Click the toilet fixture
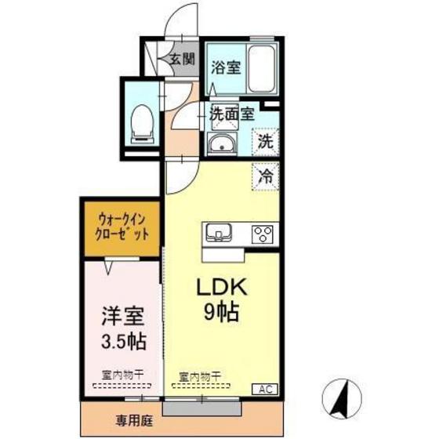tap(142, 122)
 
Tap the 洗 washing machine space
tap(266, 143)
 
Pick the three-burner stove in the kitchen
tap(262, 234)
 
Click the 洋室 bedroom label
tap(122, 317)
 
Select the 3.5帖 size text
tap(122, 343)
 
